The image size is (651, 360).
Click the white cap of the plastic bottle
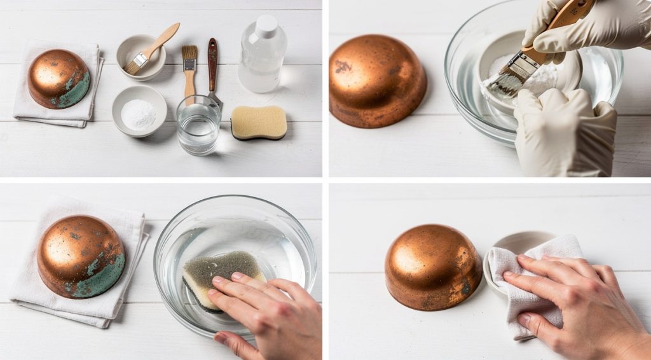coord(266,25)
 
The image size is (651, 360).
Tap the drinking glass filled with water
coord(198,125)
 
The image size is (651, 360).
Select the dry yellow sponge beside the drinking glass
coord(259,121)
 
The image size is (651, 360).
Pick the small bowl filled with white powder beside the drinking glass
coord(139,111)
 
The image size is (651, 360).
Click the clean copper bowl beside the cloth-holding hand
coord(432,266)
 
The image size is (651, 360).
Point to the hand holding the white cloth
coord(572,299)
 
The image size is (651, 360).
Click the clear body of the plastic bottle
coord(261,67)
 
